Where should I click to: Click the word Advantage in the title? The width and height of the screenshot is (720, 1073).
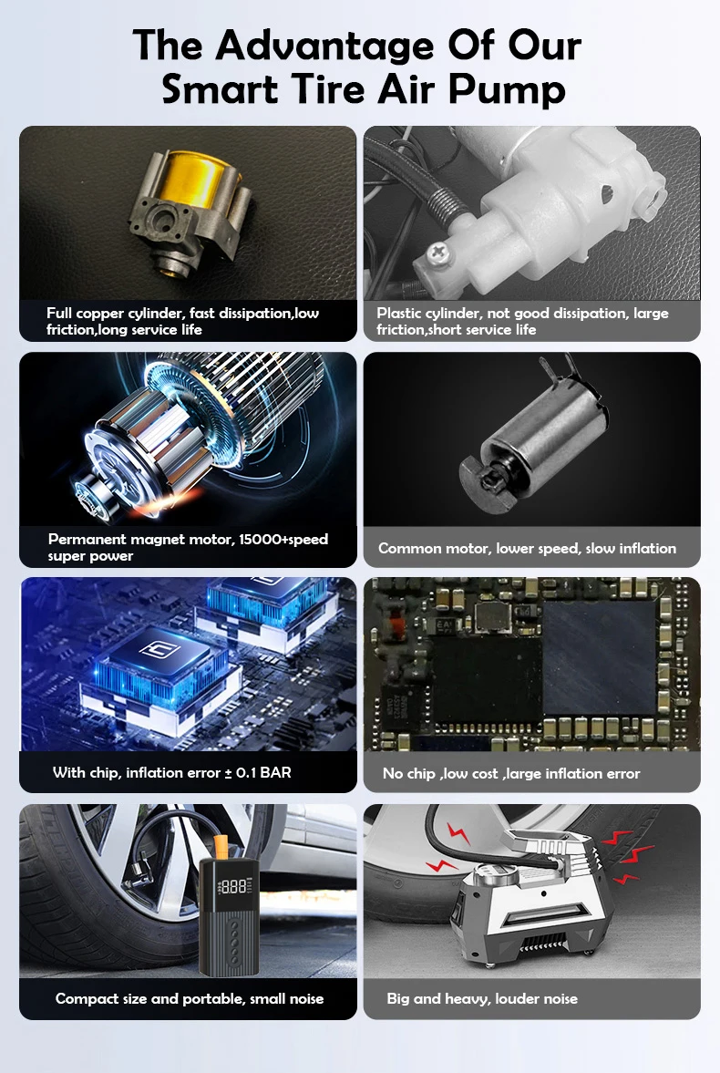click(324, 46)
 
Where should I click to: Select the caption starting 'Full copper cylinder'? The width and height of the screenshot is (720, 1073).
click(183, 321)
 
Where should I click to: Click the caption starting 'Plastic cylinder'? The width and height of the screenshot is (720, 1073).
click(522, 321)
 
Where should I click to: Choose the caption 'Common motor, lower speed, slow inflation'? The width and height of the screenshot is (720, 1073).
click(527, 548)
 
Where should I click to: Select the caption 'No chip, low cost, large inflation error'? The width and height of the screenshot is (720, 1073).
click(511, 773)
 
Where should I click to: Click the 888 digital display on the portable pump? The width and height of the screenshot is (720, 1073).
click(232, 887)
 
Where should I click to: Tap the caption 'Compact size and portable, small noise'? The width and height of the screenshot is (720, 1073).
click(190, 998)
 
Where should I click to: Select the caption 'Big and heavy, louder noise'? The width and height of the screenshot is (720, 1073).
click(482, 998)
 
